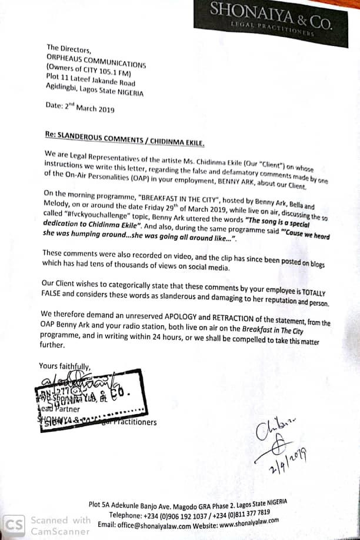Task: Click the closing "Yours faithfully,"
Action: point(65,366)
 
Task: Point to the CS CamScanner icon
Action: point(14,524)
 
